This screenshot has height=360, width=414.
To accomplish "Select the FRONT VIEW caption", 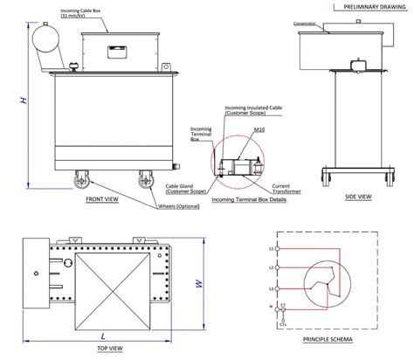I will pos(102,199).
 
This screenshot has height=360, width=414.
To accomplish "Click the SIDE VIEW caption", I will pos(359,197).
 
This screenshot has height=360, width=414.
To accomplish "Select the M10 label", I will pos(259,130).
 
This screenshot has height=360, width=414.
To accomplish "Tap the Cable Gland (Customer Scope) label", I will pos(187,188).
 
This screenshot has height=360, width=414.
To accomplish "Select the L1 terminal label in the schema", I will pos(272,249).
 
